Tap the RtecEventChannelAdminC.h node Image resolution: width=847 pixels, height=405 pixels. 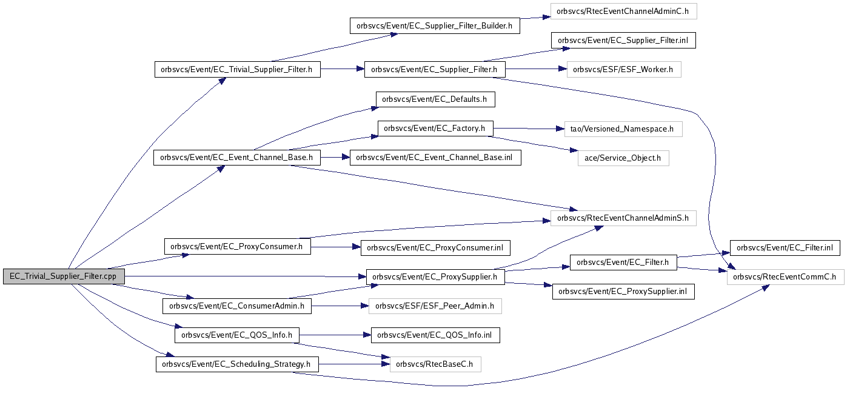(623, 11)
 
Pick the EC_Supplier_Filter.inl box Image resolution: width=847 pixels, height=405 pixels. (623, 40)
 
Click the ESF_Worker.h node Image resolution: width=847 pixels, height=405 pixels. (624, 70)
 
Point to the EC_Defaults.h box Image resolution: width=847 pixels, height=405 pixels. (435, 99)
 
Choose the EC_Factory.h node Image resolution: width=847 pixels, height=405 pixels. (435, 129)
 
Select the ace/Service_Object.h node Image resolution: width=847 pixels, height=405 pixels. (623, 158)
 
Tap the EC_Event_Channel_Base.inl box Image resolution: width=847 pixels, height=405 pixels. (435, 158)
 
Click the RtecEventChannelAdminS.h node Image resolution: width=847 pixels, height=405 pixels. (623, 218)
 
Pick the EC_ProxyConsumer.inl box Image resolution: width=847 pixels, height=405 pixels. (435, 247)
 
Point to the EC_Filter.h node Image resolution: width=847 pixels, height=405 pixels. (623, 263)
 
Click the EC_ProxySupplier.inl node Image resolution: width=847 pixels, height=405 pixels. (623, 292)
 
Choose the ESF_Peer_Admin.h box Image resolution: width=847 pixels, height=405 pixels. (435, 306)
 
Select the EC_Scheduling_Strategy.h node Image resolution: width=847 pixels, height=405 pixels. (237, 364)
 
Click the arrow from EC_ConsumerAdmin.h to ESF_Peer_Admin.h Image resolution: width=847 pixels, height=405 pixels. (340, 306)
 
